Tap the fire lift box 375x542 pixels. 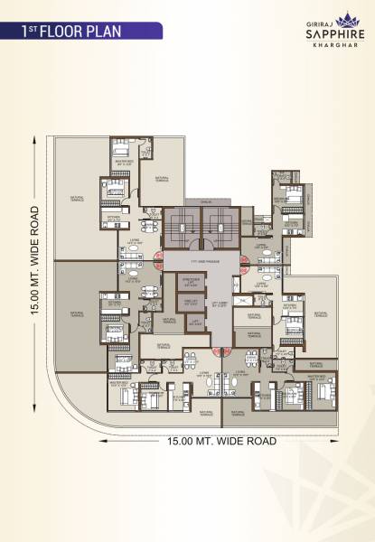point(191,304)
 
